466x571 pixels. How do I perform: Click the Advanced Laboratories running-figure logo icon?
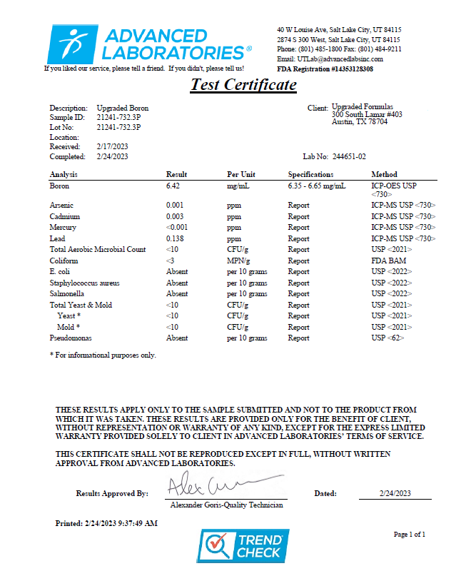coord(72,44)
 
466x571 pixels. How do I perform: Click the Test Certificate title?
coord(243,85)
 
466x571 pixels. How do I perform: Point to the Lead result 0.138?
coord(176,238)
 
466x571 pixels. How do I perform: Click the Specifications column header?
coord(310,174)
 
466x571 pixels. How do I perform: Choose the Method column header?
coord(384,174)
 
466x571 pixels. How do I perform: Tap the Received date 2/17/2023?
coord(113,146)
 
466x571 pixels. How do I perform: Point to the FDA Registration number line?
coord(325,69)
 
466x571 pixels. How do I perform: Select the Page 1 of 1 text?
coord(410,534)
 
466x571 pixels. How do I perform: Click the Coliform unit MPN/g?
coord(240,261)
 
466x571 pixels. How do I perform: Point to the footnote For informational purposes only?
coord(103,355)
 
